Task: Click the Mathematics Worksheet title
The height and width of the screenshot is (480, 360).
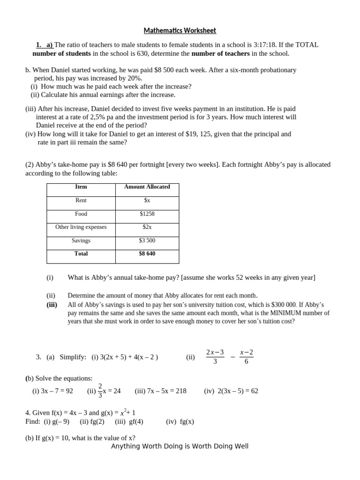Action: [180, 31]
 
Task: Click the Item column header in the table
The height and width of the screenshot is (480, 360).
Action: [81, 187]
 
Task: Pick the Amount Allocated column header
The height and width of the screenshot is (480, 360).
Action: [147, 187]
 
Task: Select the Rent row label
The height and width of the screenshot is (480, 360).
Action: [81, 200]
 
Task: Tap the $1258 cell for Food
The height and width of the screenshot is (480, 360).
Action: [147, 214]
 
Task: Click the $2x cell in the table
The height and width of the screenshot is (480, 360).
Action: [147, 227]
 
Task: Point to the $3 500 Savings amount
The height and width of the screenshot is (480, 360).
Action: [147, 240]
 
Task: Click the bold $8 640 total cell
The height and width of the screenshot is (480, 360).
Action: [147, 254]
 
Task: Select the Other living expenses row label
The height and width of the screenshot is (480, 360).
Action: [81, 227]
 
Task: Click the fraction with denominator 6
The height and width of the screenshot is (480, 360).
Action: [246, 357]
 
